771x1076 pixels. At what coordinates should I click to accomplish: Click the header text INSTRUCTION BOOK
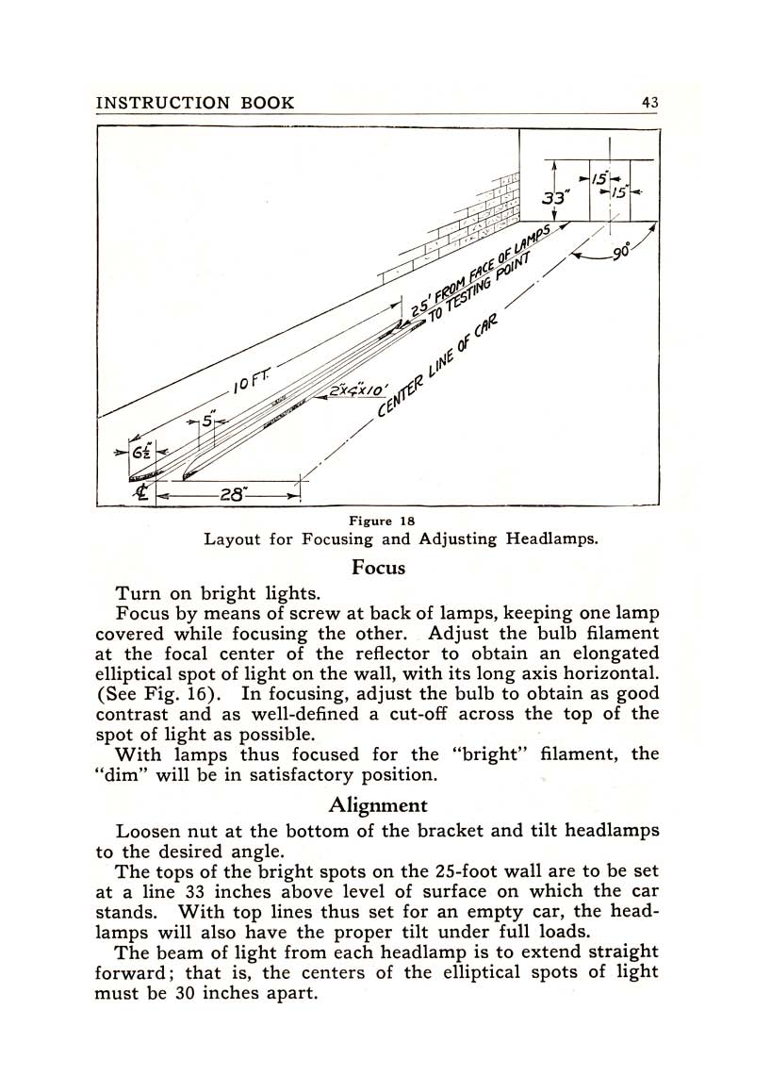point(195,103)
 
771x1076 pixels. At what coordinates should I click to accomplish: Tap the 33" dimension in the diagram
point(555,199)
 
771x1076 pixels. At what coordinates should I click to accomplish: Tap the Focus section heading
point(378,568)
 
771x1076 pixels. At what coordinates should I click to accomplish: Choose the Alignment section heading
point(378,805)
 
